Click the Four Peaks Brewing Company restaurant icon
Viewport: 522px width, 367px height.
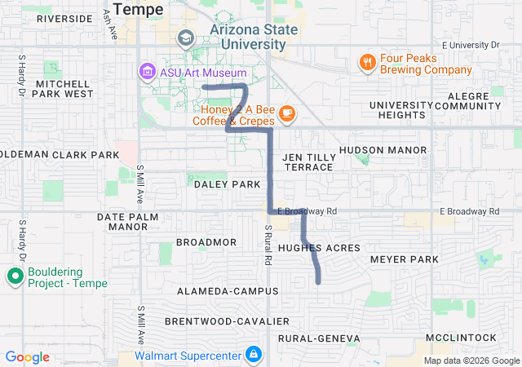click(368, 62)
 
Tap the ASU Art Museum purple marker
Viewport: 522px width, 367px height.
click(148, 73)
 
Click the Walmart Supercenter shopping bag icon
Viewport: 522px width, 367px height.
click(254, 355)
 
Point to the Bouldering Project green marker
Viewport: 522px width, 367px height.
click(15, 276)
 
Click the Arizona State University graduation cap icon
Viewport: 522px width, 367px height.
click(186, 38)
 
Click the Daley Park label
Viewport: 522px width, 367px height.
click(227, 184)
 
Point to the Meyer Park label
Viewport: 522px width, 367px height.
click(404, 259)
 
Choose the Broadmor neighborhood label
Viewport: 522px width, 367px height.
click(206, 242)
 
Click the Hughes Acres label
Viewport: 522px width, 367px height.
click(319, 247)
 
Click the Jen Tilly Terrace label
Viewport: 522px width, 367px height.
click(307, 161)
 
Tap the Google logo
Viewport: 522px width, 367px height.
click(28, 357)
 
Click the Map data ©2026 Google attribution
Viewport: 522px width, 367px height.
click(471, 361)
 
